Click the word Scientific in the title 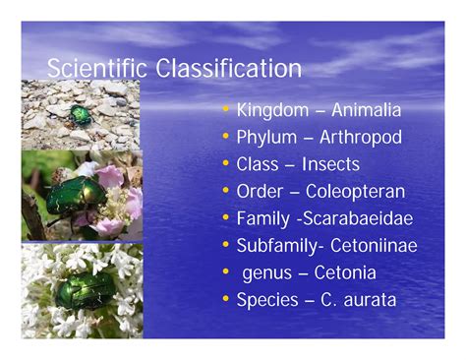click(x=88, y=69)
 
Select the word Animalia click(x=366, y=110)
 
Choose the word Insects click(x=330, y=164)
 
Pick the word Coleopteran click(x=356, y=191)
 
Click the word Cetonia click(x=351, y=272)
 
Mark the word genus click(x=266, y=273)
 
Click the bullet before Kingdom click(x=227, y=110)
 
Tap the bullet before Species click(x=227, y=299)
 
